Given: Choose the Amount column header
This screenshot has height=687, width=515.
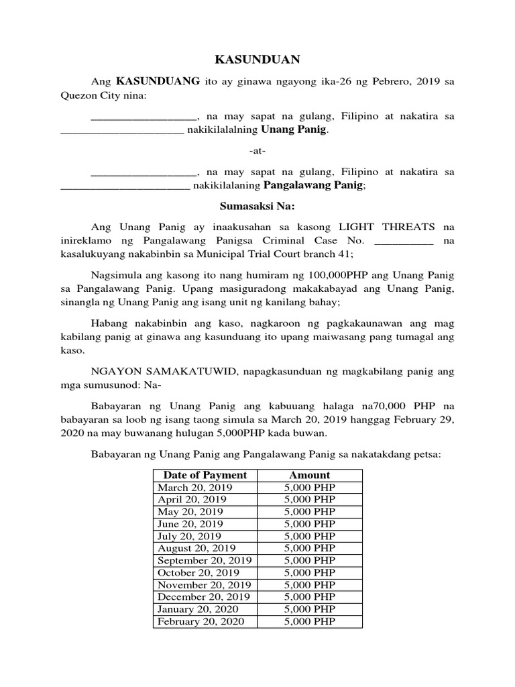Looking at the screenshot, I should pyautogui.click(x=309, y=475).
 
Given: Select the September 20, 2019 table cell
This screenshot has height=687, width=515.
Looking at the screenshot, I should pyautogui.click(x=204, y=560).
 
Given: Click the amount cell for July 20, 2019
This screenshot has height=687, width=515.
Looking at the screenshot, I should pyautogui.click(x=309, y=536).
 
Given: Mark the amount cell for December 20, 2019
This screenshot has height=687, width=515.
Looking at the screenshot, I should pyautogui.click(x=309, y=597).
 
